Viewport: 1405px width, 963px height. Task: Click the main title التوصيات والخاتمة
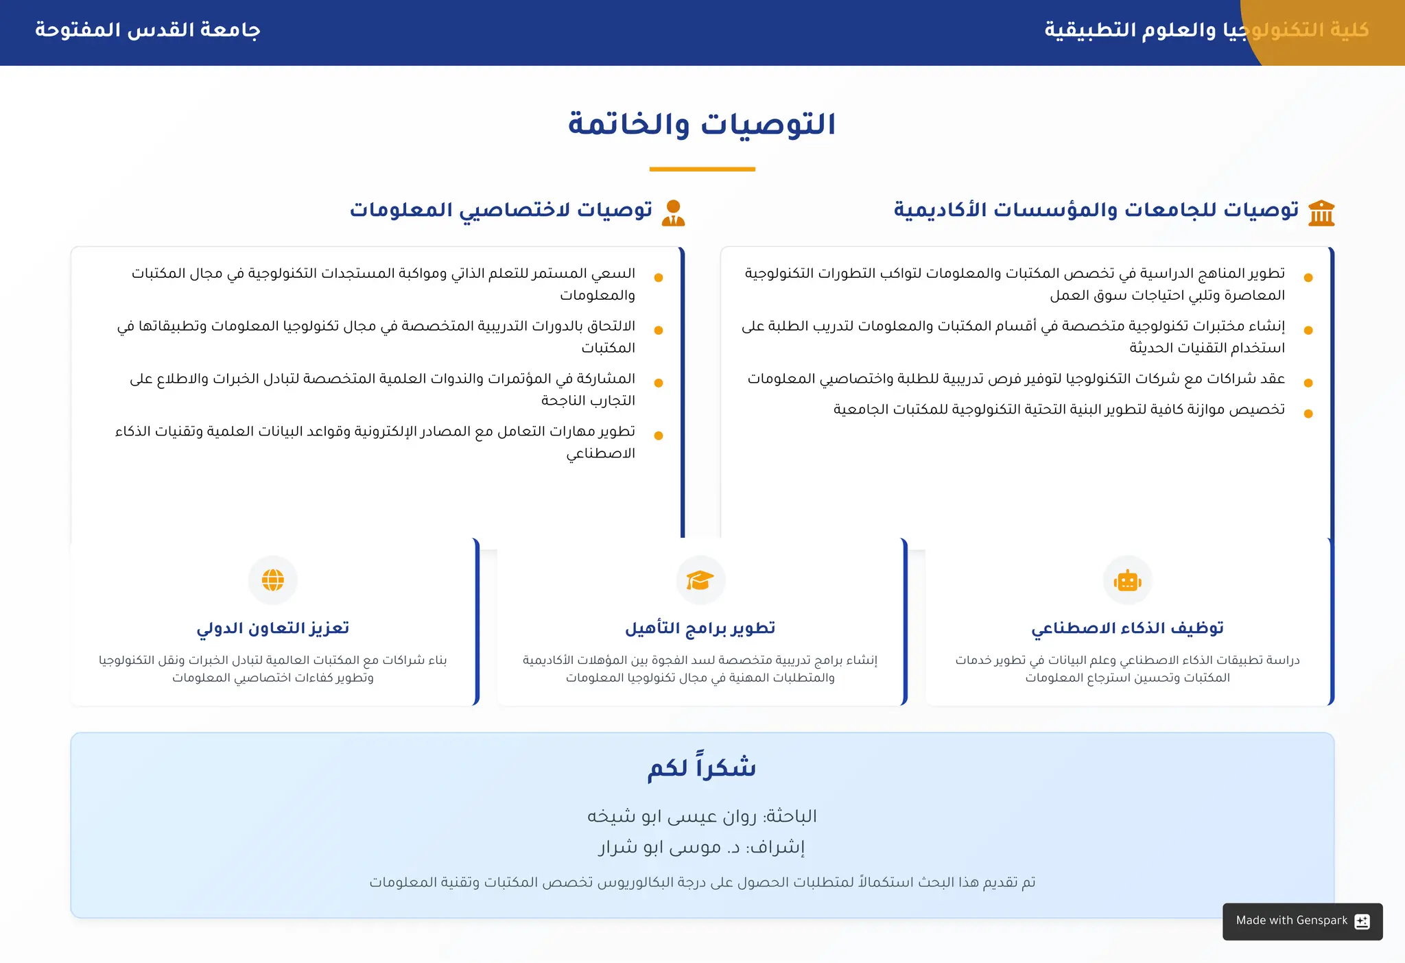tap(702, 125)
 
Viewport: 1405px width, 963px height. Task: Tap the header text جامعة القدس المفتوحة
tap(147, 30)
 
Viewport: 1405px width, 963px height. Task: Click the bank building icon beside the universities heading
tap(1321, 213)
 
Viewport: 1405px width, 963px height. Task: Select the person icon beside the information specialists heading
tap(674, 213)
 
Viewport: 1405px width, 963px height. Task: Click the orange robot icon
tap(1127, 581)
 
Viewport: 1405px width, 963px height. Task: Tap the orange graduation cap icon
tap(700, 580)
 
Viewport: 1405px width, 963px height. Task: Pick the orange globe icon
tap(273, 580)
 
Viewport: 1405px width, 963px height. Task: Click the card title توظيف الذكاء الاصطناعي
tap(1127, 628)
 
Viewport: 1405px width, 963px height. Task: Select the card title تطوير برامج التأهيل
tap(700, 628)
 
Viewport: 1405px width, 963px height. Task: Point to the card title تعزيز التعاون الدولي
tap(273, 628)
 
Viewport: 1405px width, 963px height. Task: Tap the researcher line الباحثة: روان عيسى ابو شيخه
tap(702, 816)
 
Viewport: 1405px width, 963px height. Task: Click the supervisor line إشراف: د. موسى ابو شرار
tap(702, 848)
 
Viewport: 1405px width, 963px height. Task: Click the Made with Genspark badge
tap(1302, 921)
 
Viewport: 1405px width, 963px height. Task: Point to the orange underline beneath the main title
tap(702, 169)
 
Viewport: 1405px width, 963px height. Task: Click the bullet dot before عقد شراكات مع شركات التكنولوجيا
tap(1308, 383)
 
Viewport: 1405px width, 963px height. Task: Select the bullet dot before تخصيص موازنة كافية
tap(1308, 414)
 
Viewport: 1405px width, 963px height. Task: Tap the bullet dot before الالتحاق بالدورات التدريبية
tap(659, 331)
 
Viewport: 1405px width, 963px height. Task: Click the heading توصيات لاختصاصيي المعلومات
tap(501, 210)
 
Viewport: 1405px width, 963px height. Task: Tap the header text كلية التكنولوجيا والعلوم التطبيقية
tap(1206, 30)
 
